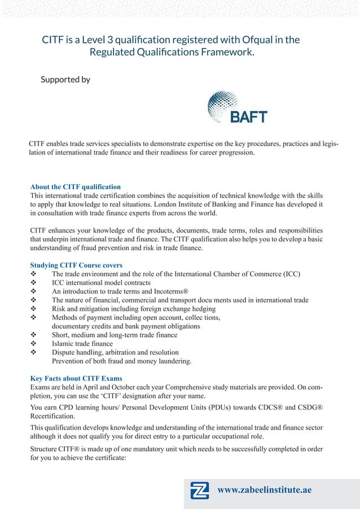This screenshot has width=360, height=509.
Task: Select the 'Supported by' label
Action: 65,80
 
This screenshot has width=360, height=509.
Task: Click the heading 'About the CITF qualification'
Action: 75,187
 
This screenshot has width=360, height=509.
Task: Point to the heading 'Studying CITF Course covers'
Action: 76,265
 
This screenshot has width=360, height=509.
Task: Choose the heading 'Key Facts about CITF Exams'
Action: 76,378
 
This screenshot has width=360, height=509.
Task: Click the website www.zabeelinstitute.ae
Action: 264,490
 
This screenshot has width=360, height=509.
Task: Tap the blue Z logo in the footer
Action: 200,491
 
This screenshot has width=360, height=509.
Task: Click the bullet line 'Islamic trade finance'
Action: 82,344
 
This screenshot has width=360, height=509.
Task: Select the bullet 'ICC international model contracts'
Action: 101,283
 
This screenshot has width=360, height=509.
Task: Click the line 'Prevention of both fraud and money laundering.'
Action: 121,361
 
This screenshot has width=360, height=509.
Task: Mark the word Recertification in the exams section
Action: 54,416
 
